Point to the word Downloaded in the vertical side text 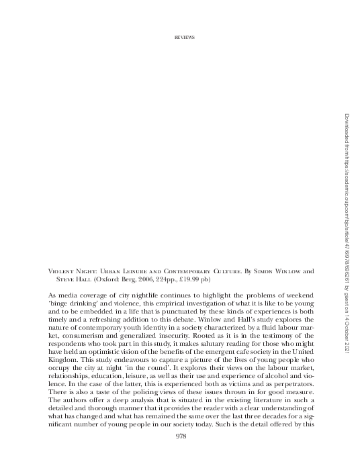(x=343, y=127)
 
